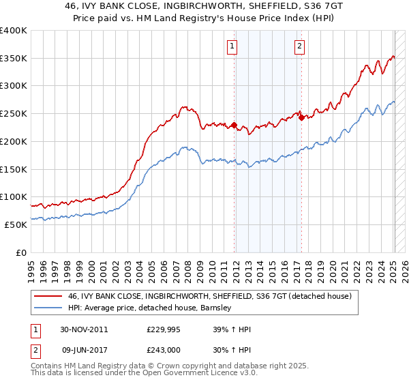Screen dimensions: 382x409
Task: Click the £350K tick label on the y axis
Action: point(14,59)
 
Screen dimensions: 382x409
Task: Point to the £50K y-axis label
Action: point(16,224)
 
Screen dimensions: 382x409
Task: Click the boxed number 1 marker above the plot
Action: point(233,46)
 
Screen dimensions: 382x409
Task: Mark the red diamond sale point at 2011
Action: point(234,126)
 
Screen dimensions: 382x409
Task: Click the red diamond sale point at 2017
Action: point(301,117)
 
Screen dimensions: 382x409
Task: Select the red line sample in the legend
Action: point(48,296)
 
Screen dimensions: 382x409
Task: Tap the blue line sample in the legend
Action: point(48,308)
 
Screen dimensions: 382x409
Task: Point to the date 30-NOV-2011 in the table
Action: point(85,329)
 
